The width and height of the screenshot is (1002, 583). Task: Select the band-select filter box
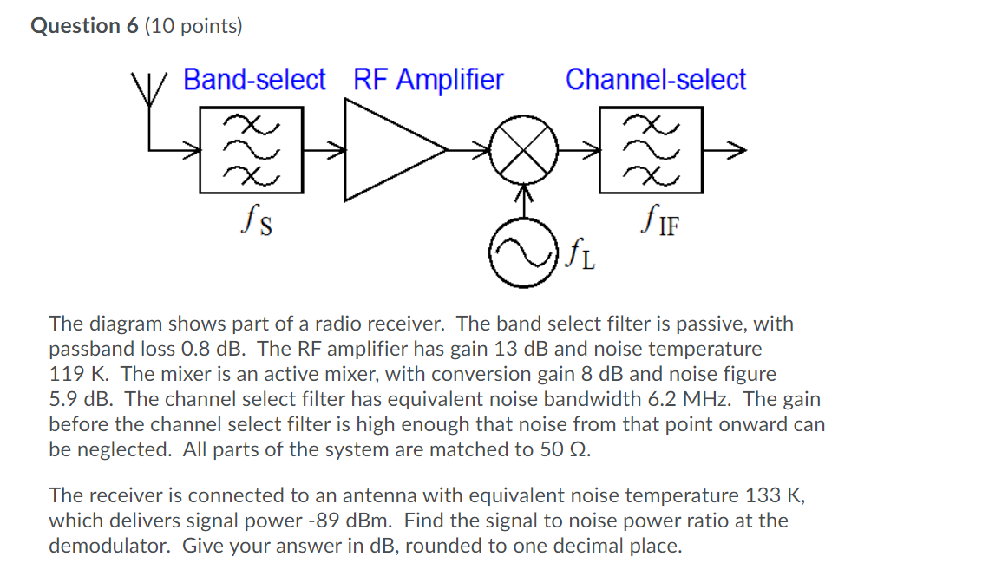pos(252,149)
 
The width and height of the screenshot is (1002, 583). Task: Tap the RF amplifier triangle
pos(390,149)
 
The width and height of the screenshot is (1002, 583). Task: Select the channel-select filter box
pos(651,149)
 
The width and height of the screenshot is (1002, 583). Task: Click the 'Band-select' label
pos(254,80)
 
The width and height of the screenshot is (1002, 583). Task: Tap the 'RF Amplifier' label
pos(428,80)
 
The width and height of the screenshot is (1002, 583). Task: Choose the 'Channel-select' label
pos(656,80)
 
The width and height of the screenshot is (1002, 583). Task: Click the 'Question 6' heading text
pos(84,26)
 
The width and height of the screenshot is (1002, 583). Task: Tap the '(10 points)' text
pos(194,26)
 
